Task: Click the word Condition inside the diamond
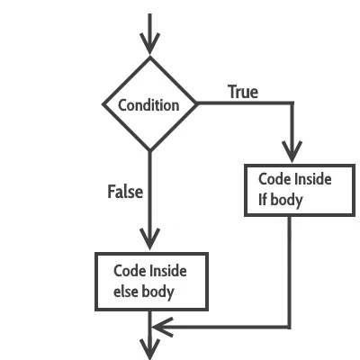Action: click(x=149, y=104)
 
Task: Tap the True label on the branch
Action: click(x=243, y=91)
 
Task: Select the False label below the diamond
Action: click(x=125, y=191)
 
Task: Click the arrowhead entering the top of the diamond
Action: click(x=150, y=44)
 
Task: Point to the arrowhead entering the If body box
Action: click(x=290, y=154)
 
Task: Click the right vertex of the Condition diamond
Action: click(x=197, y=103)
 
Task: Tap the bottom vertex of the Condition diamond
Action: click(x=150, y=150)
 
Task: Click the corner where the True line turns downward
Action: click(x=290, y=103)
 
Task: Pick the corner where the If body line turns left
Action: click(x=290, y=325)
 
